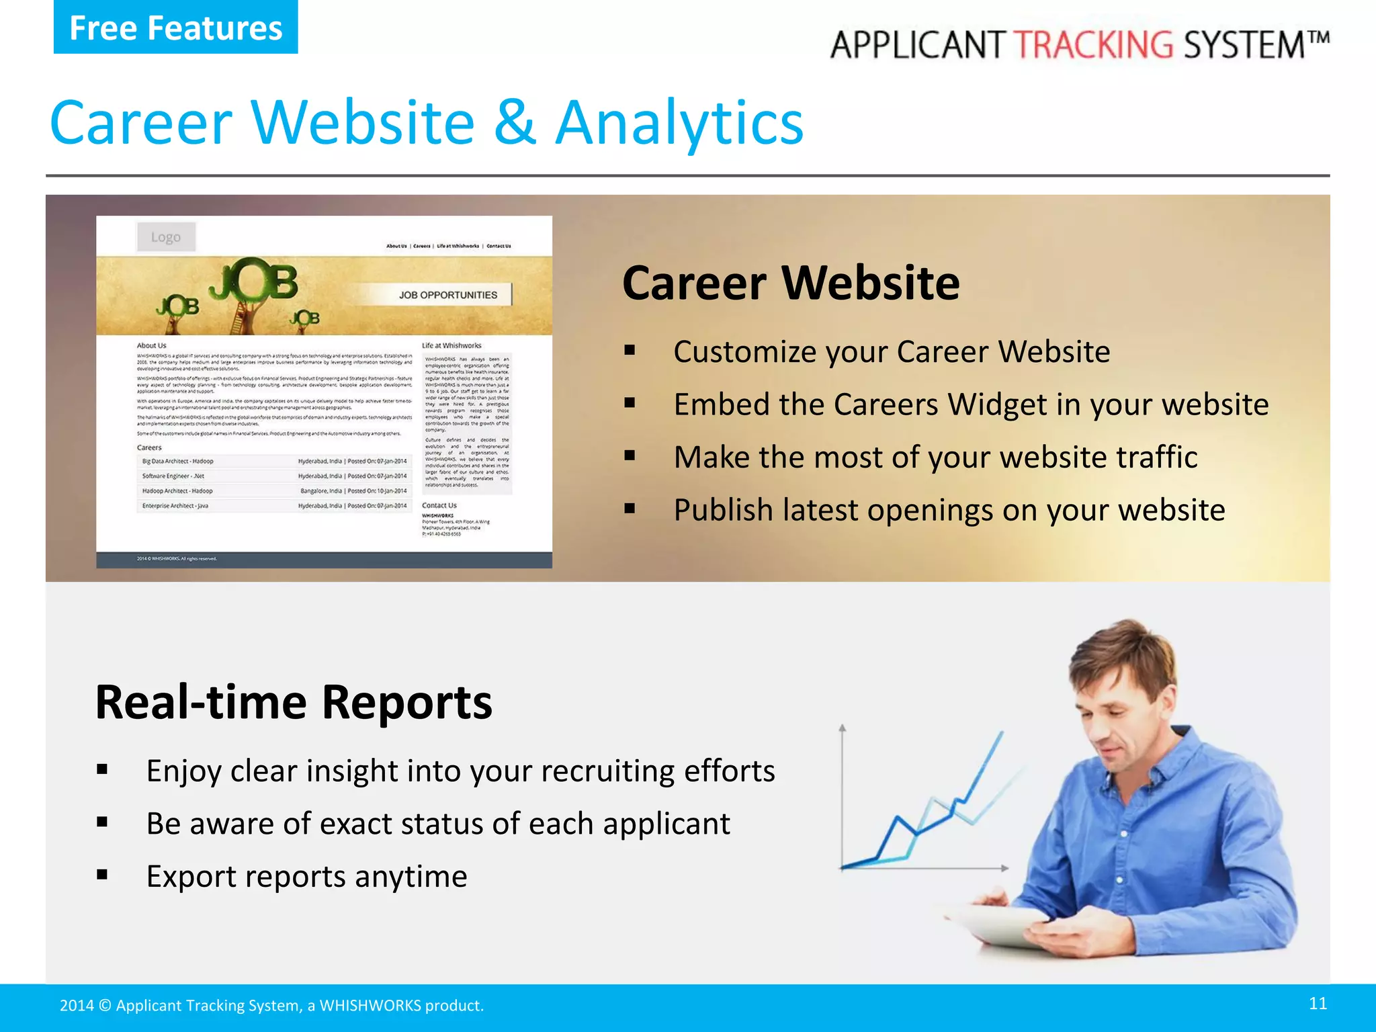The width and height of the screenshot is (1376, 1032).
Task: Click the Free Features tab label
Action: (x=175, y=28)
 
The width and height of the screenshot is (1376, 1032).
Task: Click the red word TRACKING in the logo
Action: (x=1093, y=45)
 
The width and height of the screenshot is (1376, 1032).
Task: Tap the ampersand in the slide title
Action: (x=515, y=122)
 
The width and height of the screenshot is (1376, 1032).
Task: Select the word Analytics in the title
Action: (x=679, y=124)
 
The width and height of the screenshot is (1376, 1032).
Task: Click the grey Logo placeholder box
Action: (x=166, y=237)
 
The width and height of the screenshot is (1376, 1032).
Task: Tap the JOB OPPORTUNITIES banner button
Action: (x=447, y=295)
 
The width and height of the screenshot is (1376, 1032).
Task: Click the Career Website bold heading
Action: (x=791, y=283)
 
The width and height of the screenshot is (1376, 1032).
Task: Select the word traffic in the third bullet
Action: (x=1156, y=457)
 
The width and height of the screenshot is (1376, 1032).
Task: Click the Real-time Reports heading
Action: (x=294, y=702)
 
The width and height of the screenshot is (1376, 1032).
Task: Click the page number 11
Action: (x=1318, y=1003)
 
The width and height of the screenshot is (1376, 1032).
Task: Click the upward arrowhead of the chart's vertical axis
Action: (x=843, y=728)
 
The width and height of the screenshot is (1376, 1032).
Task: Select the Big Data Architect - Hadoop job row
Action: (x=274, y=462)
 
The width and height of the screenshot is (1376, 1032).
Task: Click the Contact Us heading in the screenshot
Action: (x=439, y=505)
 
